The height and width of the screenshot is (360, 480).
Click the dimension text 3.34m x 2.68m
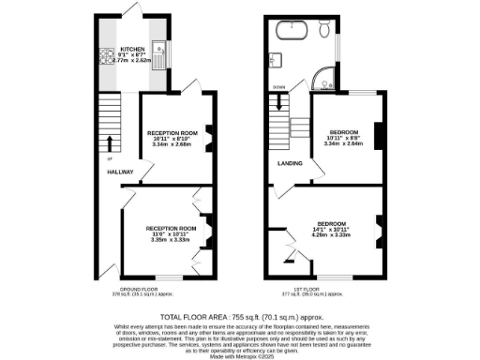click(172, 146)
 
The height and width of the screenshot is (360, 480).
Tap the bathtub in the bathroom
click(291, 34)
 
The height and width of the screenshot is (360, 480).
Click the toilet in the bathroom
click(323, 33)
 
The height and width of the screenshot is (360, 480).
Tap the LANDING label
click(289, 164)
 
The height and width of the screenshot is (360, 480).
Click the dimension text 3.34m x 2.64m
click(342, 143)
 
